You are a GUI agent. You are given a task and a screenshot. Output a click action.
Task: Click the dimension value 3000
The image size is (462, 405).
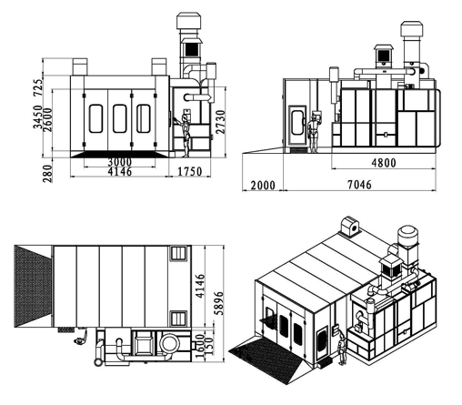click(120, 162)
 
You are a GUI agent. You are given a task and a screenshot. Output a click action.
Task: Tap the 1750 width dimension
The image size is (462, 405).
click(189, 172)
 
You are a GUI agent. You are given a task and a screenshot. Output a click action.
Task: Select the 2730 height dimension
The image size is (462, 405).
click(220, 122)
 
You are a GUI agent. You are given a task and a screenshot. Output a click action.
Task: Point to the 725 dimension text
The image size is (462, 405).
click(38, 88)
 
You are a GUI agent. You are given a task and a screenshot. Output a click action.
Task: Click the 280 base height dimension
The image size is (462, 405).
click(47, 174)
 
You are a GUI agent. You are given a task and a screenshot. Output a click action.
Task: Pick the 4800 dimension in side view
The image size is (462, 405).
click(384, 163)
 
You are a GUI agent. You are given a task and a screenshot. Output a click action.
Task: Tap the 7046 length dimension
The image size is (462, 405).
click(359, 185)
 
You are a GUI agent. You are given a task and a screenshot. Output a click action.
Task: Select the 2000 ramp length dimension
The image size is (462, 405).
click(263, 185)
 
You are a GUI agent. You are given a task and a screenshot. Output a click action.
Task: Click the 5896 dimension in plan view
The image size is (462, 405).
click(218, 303)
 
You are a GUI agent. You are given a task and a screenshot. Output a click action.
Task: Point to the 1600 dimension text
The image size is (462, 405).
click(199, 346)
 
